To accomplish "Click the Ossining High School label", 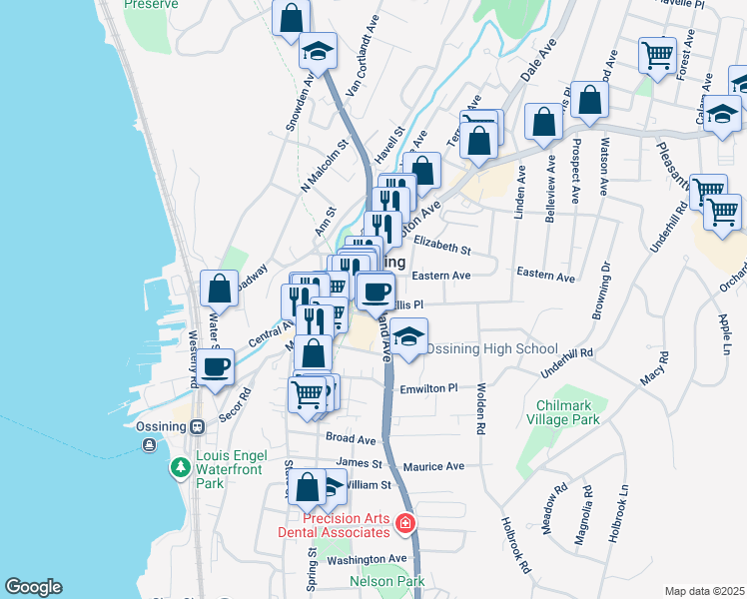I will [491, 348].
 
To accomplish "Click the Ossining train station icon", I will [197, 426].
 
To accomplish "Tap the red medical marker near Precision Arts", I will [405, 522].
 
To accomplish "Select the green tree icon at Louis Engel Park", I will [180, 467].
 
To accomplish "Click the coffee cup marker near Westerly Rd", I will [216, 366].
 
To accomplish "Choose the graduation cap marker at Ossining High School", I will [407, 336].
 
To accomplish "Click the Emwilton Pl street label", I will [426, 388].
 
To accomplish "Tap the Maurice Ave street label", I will [434, 466].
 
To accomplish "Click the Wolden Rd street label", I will [481, 408].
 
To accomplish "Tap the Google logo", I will [33, 587].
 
